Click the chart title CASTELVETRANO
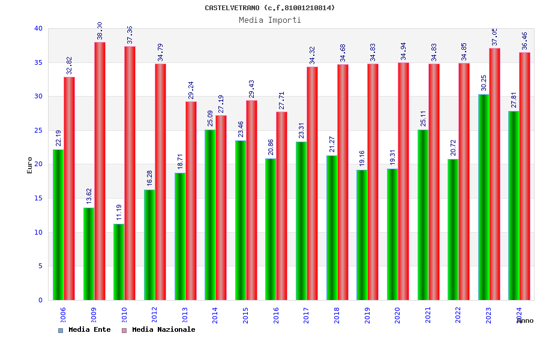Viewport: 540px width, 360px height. pyautogui.click(x=270, y=8)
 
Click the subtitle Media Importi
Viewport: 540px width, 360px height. pyautogui.click(x=270, y=20)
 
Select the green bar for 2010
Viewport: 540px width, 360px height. pyautogui.click(x=119, y=262)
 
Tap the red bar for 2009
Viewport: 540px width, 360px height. pyautogui.click(x=100, y=171)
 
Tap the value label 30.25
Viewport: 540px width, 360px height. pyautogui.click(x=484, y=84)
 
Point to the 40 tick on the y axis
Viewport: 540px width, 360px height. pyautogui.click(x=38, y=28)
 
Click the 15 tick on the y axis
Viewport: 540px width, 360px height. pyautogui.click(x=38, y=198)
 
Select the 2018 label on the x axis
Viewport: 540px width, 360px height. pyautogui.click(x=337, y=316)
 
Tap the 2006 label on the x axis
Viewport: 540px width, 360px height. pyautogui.click(x=63, y=316)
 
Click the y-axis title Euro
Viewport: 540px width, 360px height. pyautogui.click(x=30, y=165)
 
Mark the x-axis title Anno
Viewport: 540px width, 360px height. pyautogui.click(x=525, y=321)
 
